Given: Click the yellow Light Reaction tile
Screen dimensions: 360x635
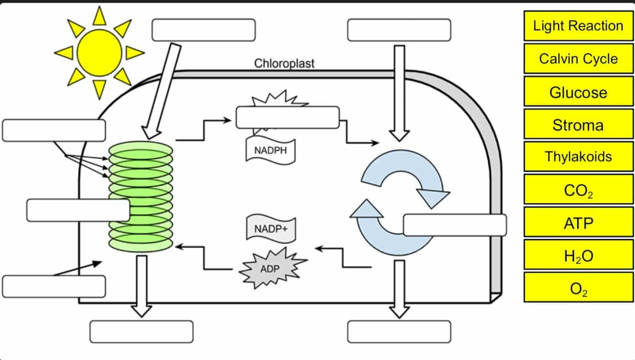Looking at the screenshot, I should coord(578,26).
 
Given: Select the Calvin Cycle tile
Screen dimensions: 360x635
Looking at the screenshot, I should coord(578,59).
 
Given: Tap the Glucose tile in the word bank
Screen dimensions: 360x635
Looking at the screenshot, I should coord(578,92).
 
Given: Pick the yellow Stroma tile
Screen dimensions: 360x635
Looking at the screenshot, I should coord(578,124).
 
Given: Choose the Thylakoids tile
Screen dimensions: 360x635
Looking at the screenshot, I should coord(578,157).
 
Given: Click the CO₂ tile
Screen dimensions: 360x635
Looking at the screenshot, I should coord(578,190).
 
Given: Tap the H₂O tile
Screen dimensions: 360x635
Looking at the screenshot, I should coord(578,255).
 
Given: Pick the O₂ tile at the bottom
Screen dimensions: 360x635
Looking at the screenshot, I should coord(578,288).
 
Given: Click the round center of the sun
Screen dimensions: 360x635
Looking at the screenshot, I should coord(99,52).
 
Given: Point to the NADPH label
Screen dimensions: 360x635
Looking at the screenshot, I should coord(270,151).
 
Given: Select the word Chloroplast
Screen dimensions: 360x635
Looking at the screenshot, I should coord(284,64).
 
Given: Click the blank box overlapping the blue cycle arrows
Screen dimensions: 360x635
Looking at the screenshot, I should coord(455,225).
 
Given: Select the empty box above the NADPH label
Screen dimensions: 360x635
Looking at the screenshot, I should coord(288,118).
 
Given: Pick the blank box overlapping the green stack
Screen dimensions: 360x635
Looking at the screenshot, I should coord(78,210).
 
